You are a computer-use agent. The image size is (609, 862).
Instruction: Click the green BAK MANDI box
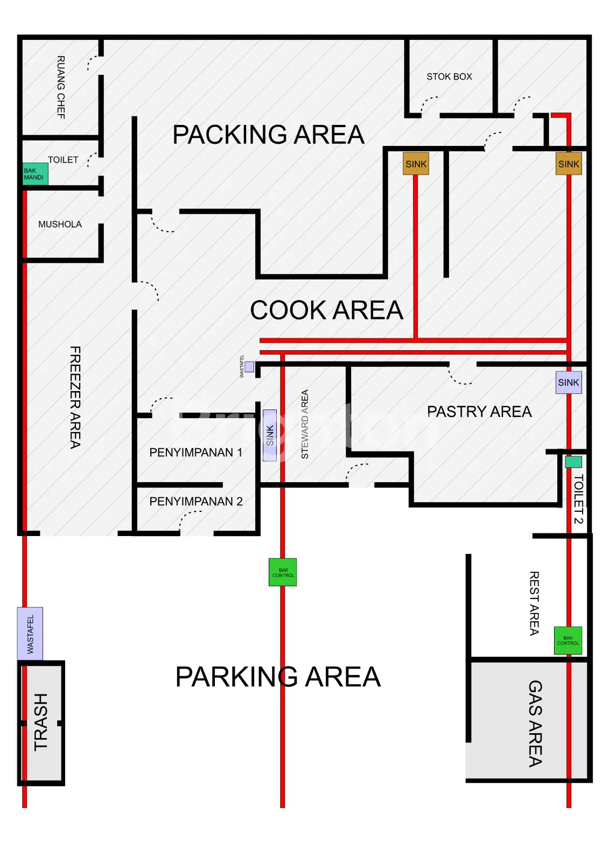(x=35, y=174)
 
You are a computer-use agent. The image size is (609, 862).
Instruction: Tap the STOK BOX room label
(x=449, y=77)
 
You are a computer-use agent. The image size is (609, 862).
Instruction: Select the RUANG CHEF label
(x=61, y=87)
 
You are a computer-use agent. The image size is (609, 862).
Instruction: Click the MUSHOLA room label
(x=60, y=224)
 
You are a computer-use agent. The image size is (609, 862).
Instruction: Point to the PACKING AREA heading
(x=268, y=134)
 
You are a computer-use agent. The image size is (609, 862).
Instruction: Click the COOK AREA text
(x=326, y=310)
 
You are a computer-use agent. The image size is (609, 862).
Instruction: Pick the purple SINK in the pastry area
(x=568, y=382)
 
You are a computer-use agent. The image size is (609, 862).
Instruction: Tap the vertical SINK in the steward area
(x=270, y=435)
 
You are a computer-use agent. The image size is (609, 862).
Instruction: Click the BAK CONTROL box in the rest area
(x=568, y=641)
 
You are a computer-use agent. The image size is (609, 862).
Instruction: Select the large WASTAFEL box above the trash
(x=30, y=634)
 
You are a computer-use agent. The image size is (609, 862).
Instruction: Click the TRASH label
(x=41, y=722)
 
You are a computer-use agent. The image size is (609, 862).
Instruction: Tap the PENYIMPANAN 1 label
(x=196, y=452)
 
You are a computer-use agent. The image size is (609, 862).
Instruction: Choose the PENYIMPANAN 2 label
(x=196, y=502)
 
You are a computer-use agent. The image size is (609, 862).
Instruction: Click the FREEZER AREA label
(x=75, y=398)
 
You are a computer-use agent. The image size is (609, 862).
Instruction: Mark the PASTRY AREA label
(x=479, y=412)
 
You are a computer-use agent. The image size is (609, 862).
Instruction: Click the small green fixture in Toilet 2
(x=573, y=462)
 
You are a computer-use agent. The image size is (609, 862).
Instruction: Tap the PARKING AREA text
(x=278, y=677)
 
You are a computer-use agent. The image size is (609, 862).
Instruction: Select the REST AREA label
(x=534, y=603)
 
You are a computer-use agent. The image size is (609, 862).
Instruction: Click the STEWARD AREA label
(x=305, y=424)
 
